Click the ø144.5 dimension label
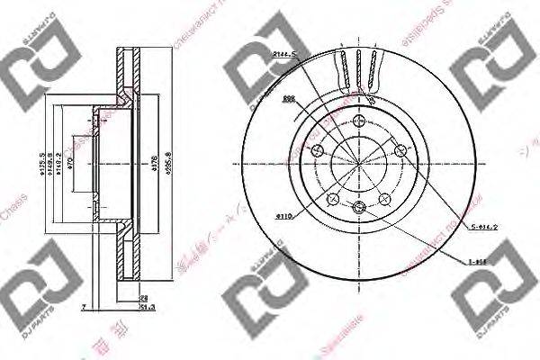click(284, 57)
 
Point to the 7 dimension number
click(82, 307)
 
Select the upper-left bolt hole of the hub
click(316, 150)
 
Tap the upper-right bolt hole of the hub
click(402, 150)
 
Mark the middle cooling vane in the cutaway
click(359, 71)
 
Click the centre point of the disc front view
click(359, 165)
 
